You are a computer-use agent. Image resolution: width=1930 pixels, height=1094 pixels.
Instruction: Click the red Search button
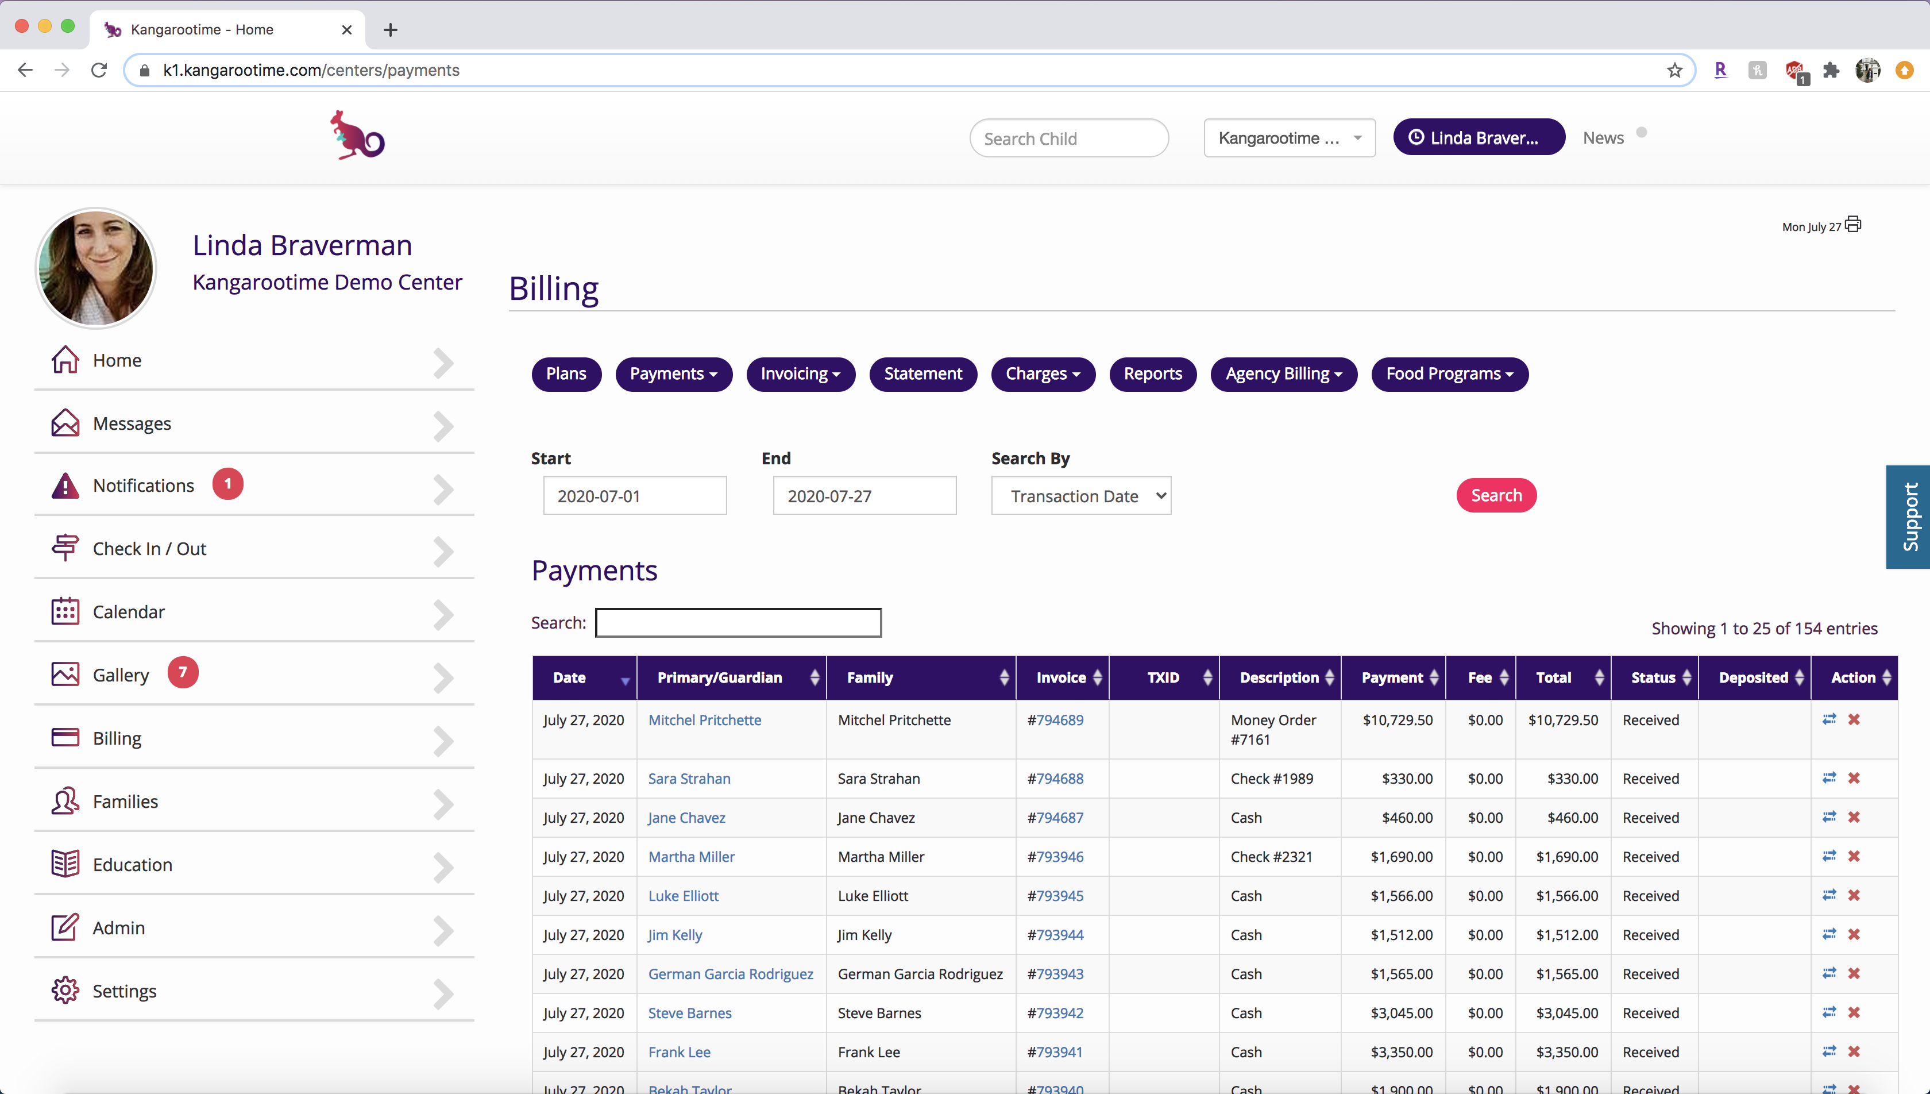pyautogui.click(x=1496, y=495)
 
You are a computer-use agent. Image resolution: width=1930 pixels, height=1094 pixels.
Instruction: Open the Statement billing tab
pyautogui.click(x=923, y=374)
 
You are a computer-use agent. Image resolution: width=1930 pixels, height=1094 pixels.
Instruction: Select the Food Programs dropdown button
pyautogui.click(x=1449, y=374)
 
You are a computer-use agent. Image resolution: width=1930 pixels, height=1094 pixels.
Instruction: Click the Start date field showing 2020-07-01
pyautogui.click(x=635, y=496)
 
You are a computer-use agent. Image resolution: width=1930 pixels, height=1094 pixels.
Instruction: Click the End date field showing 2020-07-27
pyautogui.click(x=864, y=496)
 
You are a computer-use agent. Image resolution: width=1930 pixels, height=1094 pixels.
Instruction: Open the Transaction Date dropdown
pyautogui.click(x=1080, y=496)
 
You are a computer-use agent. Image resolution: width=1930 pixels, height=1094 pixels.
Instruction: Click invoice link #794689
pyautogui.click(x=1055, y=720)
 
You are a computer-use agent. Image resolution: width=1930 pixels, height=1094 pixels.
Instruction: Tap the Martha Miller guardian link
pyautogui.click(x=691, y=857)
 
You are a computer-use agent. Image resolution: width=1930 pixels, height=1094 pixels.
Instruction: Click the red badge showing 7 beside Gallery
pyautogui.click(x=183, y=672)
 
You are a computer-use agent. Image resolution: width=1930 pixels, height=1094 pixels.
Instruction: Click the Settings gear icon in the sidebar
pyautogui.click(x=65, y=991)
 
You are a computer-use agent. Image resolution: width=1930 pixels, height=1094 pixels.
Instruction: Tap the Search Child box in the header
pyautogui.click(x=1068, y=138)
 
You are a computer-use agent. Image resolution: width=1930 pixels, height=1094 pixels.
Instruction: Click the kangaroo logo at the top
pyautogui.click(x=357, y=135)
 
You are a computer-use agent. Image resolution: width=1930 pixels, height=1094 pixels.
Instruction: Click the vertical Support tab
pyautogui.click(x=1908, y=517)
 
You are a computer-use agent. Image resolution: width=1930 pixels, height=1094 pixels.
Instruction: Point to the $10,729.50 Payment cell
pyautogui.click(x=1398, y=720)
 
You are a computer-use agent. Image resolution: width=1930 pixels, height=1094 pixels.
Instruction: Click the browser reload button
pyautogui.click(x=99, y=70)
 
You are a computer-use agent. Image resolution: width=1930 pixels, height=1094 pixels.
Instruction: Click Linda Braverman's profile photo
pyautogui.click(x=96, y=268)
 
